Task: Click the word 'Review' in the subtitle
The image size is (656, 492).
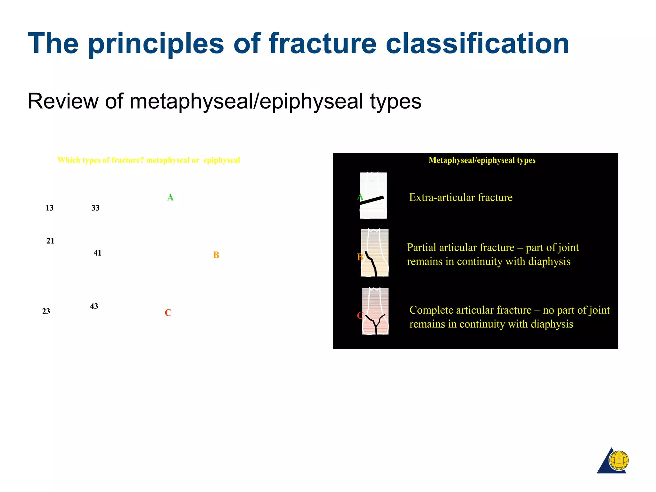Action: [63, 101]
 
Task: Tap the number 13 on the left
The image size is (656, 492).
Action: [50, 208]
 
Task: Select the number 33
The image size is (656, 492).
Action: [95, 208]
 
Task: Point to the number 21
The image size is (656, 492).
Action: [50, 241]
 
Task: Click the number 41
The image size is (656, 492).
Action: [97, 253]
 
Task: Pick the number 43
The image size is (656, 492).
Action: [94, 307]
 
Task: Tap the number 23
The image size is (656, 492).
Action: [46, 312]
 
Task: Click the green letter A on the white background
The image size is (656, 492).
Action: [170, 198]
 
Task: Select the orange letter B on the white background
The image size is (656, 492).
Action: [216, 255]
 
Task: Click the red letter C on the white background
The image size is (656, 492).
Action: [168, 313]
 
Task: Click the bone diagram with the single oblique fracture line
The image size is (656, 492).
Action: [373, 196]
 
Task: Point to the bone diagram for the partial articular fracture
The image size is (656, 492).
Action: [375, 253]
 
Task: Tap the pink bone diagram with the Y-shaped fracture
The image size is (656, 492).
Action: [375, 311]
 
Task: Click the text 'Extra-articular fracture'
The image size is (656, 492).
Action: [461, 198]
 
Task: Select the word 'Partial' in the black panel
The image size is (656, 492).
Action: [421, 248]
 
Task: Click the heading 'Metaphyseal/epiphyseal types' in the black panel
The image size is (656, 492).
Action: [482, 160]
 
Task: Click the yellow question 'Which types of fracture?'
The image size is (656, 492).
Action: [101, 160]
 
